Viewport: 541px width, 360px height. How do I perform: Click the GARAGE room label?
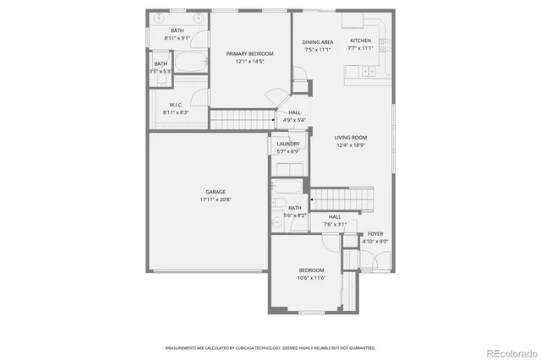[x=215, y=192]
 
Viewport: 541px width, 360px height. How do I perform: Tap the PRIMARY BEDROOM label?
[x=249, y=53]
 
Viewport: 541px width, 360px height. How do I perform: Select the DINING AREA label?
[x=318, y=41]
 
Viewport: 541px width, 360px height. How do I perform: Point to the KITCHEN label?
[x=361, y=41]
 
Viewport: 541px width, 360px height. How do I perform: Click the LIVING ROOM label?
[x=351, y=137]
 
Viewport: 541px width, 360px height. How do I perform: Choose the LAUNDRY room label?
[x=288, y=144]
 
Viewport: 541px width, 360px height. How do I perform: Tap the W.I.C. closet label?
[x=176, y=105]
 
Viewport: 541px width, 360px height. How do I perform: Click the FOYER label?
[x=375, y=234]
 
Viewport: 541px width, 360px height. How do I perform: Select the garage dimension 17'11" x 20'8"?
[x=215, y=200]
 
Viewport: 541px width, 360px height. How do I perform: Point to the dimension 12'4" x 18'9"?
[x=351, y=145]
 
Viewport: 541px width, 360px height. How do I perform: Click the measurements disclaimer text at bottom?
[x=270, y=347]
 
